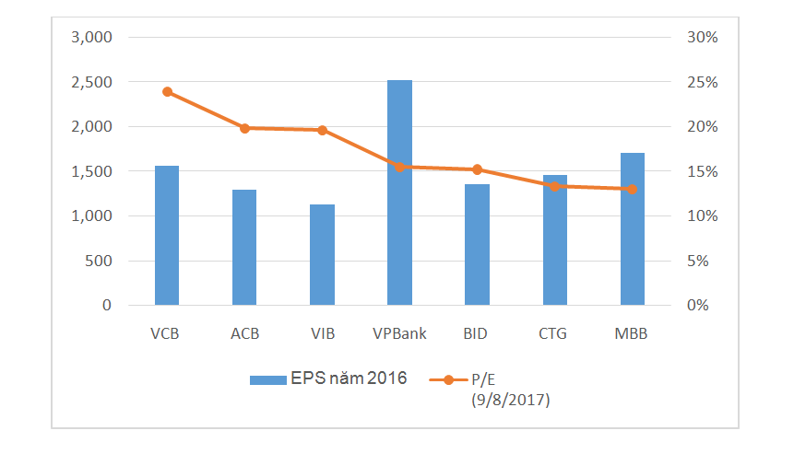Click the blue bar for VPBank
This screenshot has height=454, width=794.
coord(399,192)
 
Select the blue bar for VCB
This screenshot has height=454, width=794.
coord(167,236)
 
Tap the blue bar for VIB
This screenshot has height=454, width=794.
coord(322,255)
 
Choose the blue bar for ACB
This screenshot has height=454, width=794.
coord(244,248)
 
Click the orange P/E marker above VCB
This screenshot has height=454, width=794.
coord(167,92)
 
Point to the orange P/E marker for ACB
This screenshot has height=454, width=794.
coord(244,128)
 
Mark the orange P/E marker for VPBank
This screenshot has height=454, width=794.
coord(399,167)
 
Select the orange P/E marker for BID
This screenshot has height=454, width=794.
coord(477,169)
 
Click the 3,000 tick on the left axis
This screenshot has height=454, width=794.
coord(91,38)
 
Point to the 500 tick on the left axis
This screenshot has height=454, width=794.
coord(98,261)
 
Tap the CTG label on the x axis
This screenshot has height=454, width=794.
coord(553,333)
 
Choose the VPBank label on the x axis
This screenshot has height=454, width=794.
coord(399,333)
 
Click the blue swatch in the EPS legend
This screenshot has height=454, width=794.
coord(267,379)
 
